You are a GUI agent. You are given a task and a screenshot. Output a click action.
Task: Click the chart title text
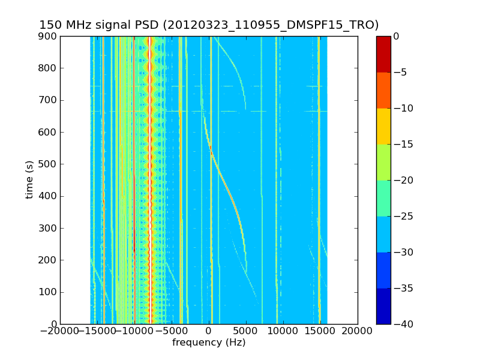tap(209, 25)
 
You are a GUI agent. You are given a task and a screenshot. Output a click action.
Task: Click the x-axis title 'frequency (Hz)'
tap(209, 343)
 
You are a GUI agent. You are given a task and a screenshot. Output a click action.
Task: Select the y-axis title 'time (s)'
tap(29, 179)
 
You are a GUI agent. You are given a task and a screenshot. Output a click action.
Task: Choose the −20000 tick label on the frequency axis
tap(60, 331)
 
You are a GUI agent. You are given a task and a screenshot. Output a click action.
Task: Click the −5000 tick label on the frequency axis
tap(172, 331)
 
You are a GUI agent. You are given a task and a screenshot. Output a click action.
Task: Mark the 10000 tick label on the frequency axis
tap(283, 331)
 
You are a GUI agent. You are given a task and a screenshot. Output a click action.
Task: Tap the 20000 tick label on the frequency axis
tap(358, 331)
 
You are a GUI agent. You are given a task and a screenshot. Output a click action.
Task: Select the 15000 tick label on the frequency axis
tap(320, 331)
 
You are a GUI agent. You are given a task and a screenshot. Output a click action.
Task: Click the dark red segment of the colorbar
tap(383, 54)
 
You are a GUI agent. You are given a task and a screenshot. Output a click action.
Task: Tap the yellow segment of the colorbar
tap(383, 126)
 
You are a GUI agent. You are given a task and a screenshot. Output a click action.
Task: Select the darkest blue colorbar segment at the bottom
tap(383, 306)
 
